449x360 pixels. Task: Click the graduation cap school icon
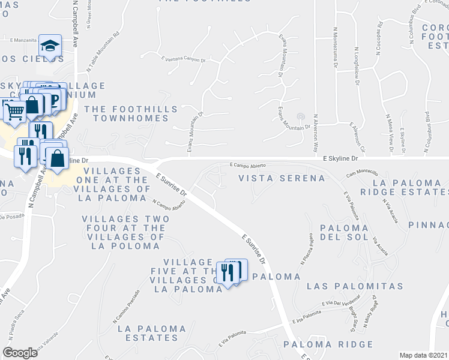point(49,46)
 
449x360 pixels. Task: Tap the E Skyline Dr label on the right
point(340,158)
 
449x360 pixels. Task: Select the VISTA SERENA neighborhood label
point(282,178)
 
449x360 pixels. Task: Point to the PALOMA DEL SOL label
point(343,235)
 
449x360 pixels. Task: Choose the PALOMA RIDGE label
point(328,344)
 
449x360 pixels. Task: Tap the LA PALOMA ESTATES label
point(152,333)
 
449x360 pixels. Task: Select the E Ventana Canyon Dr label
point(183,60)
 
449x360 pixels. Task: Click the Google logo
point(20,353)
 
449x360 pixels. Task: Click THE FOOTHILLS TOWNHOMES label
point(131,113)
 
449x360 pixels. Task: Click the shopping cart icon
point(15,110)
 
